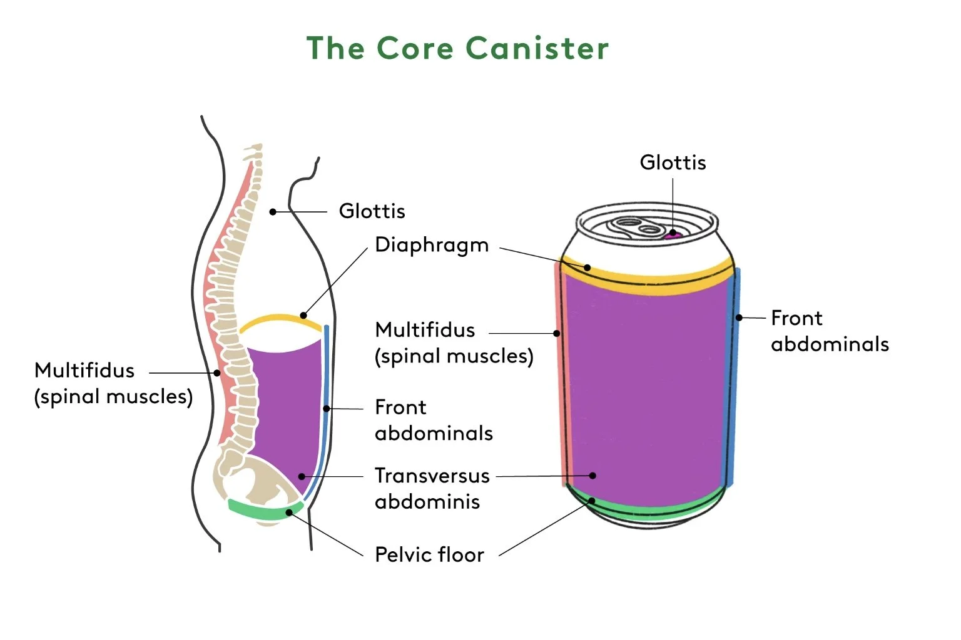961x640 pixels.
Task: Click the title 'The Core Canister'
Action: pyautogui.click(x=457, y=48)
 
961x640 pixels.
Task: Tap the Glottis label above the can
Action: pyautogui.click(x=673, y=162)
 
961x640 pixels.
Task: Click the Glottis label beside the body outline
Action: pyautogui.click(x=372, y=211)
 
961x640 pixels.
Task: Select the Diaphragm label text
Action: pyautogui.click(x=432, y=246)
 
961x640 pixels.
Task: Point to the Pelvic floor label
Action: pyautogui.click(x=429, y=554)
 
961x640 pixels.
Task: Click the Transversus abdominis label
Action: pyautogui.click(x=432, y=489)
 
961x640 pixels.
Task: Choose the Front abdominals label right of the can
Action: pyautogui.click(x=830, y=331)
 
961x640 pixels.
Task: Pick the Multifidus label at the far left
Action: pyautogui.click(x=113, y=383)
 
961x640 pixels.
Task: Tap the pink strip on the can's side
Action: pyautogui.click(x=563, y=373)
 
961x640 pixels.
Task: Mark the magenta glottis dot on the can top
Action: pyautogui.click(x=672, y=234)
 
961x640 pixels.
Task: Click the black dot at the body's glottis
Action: pyautogui.click(x=273, y=212)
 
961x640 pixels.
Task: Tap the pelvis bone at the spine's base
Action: pyautogui.click(x=253, y=480)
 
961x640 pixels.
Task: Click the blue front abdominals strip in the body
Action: pyautogui.click(x=325, y=411)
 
